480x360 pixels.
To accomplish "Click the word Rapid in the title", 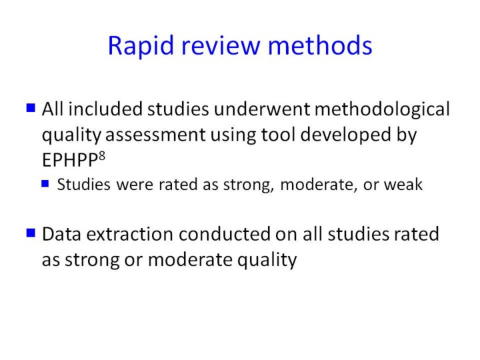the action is click(x=141, y=46).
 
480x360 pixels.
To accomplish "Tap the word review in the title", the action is click(x=221, y=46).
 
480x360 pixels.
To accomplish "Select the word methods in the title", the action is click(x=320, y=45).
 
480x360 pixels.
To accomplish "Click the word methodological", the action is click(x=383, y=109).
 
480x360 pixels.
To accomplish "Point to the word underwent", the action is click(x=262, y=109).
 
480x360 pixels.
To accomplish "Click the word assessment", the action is click(x=155, y=135).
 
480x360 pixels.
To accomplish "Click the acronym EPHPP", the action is click(x=70, y=160).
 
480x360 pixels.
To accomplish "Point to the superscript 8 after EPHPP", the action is click(x=102, y=156).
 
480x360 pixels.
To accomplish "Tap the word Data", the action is click(x=62, y=234).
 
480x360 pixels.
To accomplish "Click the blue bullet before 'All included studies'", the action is click(x=31, y=108).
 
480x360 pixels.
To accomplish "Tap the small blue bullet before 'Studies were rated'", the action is click(x=45, y=183).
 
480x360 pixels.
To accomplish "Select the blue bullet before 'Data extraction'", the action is click(x=31, y=233).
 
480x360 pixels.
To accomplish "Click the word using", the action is click(x=233, y=135).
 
